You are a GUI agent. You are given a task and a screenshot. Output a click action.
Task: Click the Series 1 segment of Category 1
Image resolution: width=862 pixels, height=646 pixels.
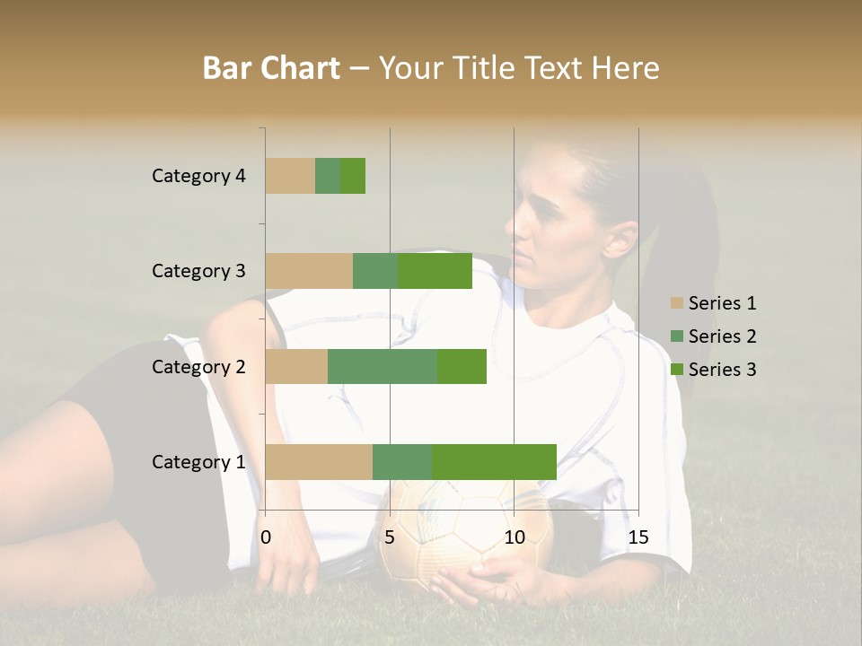tap(319, 462)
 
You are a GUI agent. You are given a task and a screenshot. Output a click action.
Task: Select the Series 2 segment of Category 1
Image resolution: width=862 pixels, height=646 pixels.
tap(402, 462)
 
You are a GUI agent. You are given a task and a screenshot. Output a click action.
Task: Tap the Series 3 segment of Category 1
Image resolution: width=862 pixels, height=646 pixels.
tap(494, 462)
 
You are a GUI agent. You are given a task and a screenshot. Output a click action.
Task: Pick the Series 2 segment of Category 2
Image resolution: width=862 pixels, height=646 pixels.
tap(383, 366)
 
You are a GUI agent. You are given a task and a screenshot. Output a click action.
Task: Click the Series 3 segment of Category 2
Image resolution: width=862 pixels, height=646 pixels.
tap(462, 366)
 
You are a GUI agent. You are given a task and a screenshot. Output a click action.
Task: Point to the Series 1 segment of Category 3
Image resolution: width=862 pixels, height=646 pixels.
tap(309, 271)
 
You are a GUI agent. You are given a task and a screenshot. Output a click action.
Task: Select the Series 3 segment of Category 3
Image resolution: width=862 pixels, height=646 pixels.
tap(435, 271)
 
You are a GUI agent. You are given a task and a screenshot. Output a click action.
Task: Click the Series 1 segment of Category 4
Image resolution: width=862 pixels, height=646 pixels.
tap(290, 176)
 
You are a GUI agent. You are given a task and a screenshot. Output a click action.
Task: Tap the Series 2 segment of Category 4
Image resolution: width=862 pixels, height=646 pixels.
tap(328, 176)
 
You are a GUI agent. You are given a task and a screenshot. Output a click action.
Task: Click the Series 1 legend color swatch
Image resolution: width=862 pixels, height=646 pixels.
tap(677, 303)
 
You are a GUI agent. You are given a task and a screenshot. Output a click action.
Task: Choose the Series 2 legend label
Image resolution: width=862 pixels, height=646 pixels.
tap(722, 336)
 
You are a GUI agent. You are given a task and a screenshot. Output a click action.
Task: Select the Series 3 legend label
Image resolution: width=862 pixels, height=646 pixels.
tap(722, 370)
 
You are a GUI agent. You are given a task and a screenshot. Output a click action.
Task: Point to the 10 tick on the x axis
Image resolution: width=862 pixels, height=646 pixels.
tap(514, 537)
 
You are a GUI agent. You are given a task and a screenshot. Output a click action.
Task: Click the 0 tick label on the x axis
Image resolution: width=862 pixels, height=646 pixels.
tap(266, 537)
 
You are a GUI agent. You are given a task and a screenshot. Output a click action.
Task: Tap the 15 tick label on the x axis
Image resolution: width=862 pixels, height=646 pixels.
tap(638, 537)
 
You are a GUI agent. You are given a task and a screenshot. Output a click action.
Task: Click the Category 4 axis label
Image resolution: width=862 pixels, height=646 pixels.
tap(198, 176)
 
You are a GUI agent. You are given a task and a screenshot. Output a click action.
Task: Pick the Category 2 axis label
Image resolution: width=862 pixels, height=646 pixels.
tap(198, 366)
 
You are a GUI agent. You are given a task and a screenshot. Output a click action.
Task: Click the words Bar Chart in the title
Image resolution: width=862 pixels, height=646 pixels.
tap(271, 68)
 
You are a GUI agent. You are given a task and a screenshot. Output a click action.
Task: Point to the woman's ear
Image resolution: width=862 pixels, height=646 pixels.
tap(620, 240)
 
